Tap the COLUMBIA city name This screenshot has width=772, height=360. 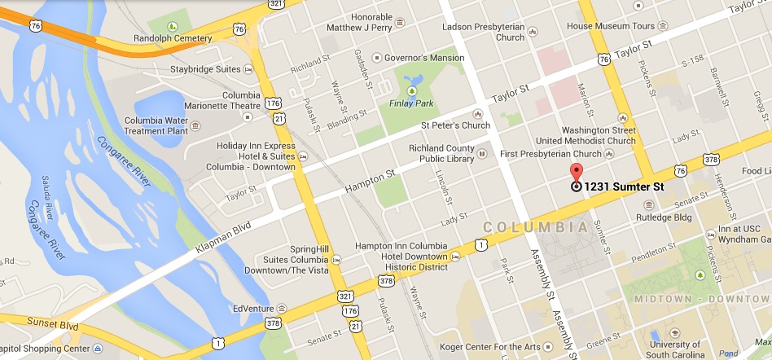pyautogui.click(x=535, y=226)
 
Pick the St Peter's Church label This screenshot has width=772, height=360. pyautogui.click(x=455, y=125)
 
